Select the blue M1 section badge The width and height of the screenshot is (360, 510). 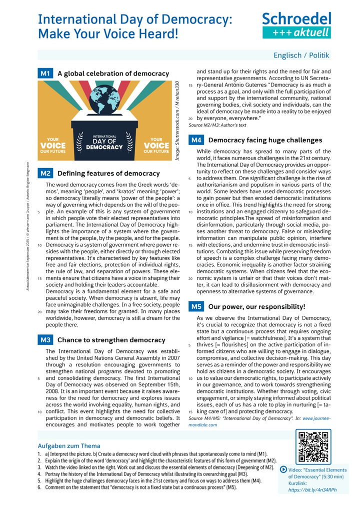pyautogui.click(x=45, y=74)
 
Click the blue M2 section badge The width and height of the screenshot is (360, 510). pyautogui.click(x=45, y=174)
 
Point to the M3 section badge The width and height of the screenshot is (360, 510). pyautogui.click(x=45, y=340)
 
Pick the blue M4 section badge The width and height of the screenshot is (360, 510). pyautogui.click(x=196, y=141)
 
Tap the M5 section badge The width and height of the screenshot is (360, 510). pyautogui.click(x=196, y=306)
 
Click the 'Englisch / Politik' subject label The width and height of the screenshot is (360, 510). pyautogui.click(x=301, y=55)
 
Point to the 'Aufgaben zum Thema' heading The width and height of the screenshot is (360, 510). pyautogui.click(x=69, y=445)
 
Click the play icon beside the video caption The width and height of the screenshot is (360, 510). pyautogui.click(x=284, y=469)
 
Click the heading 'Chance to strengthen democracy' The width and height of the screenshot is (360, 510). pyautogui.click(x=111, y=340)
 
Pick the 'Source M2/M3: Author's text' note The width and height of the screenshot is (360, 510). pyautogui.click(x=217, y=125)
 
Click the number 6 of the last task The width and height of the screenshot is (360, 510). pyautogui.click(x=38, y=487)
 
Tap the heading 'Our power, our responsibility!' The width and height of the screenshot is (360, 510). pyautogui.click(x=256, y=306)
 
